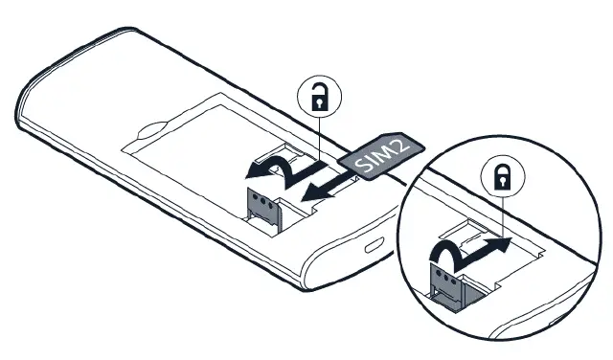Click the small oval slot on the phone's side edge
coord(373,243)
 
